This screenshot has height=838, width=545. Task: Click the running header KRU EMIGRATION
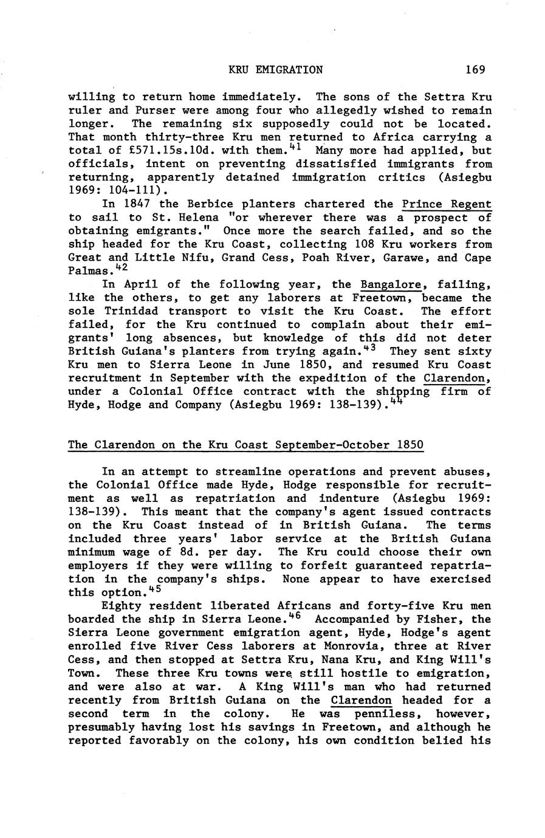coord(275,70)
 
